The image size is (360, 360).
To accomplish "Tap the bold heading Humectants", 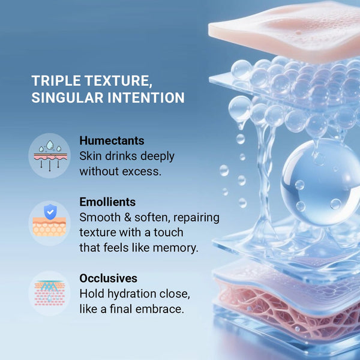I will point(112,140).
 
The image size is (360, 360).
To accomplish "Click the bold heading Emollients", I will point(107,202).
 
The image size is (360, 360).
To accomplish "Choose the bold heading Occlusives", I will point(108,278).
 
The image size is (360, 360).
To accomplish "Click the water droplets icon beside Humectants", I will point(49,155).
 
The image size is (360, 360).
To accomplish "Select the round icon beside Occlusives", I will point(49,293).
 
